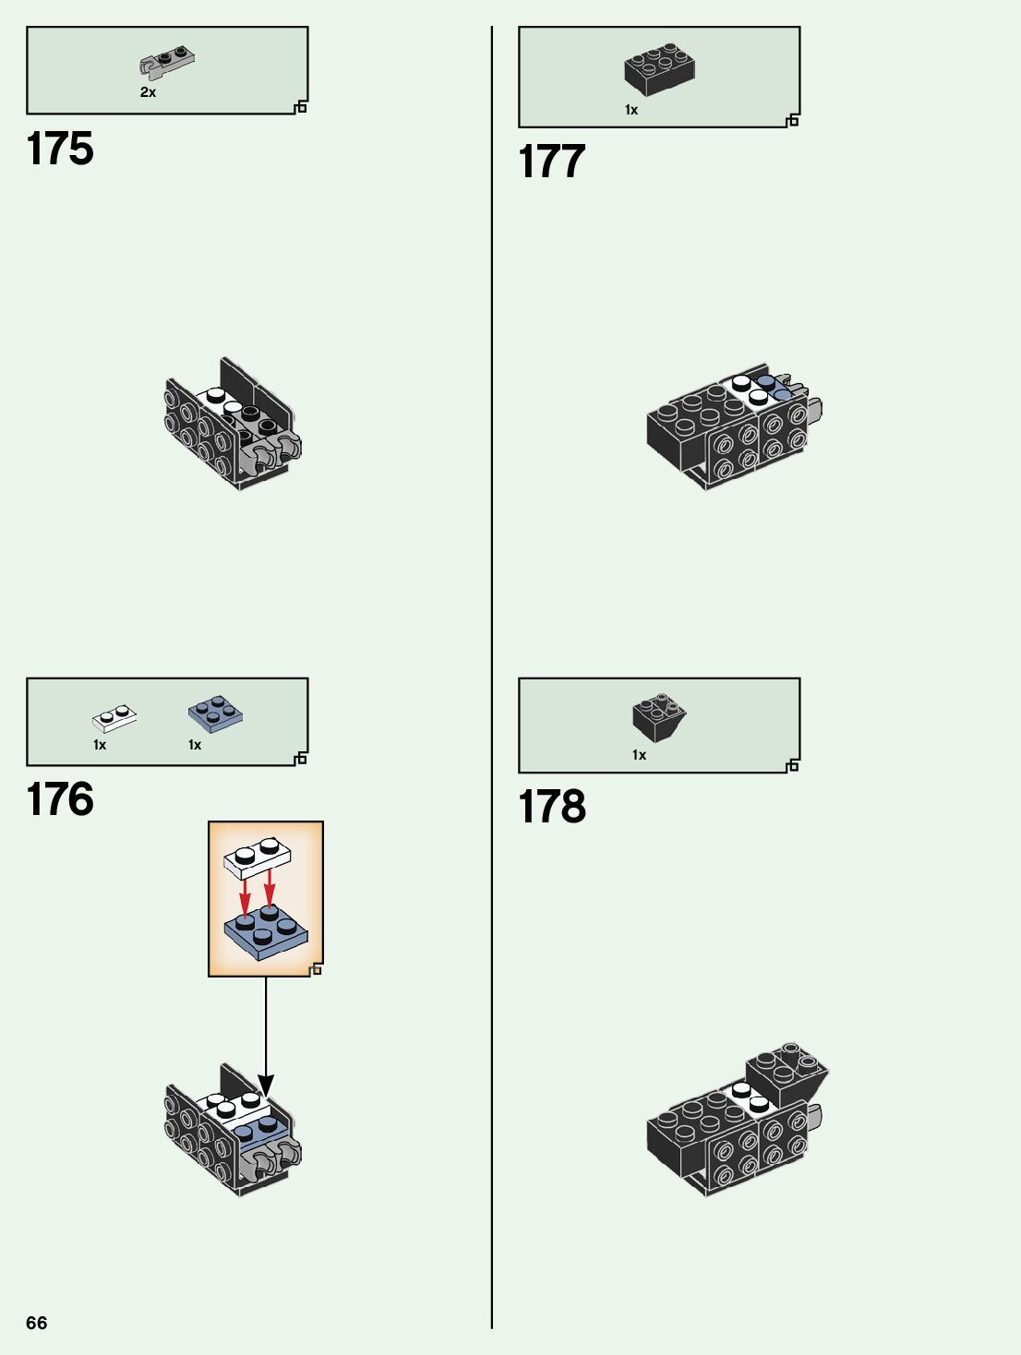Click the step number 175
point(60,149)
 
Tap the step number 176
point(60,799)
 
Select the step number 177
point(552,162)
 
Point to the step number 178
point(552,807)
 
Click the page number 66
point(37,1323)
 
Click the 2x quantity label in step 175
point(148,92)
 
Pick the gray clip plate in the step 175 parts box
point(167,64)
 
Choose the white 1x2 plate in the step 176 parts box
point(114,717)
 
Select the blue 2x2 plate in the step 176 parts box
point(215,713)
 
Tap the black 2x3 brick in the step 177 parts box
point(659,68)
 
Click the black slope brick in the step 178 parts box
point(659,717)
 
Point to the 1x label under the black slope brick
point(639,755)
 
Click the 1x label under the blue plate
point(195,745)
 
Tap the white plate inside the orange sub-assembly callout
point(258,857)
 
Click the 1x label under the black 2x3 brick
point(631,110)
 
